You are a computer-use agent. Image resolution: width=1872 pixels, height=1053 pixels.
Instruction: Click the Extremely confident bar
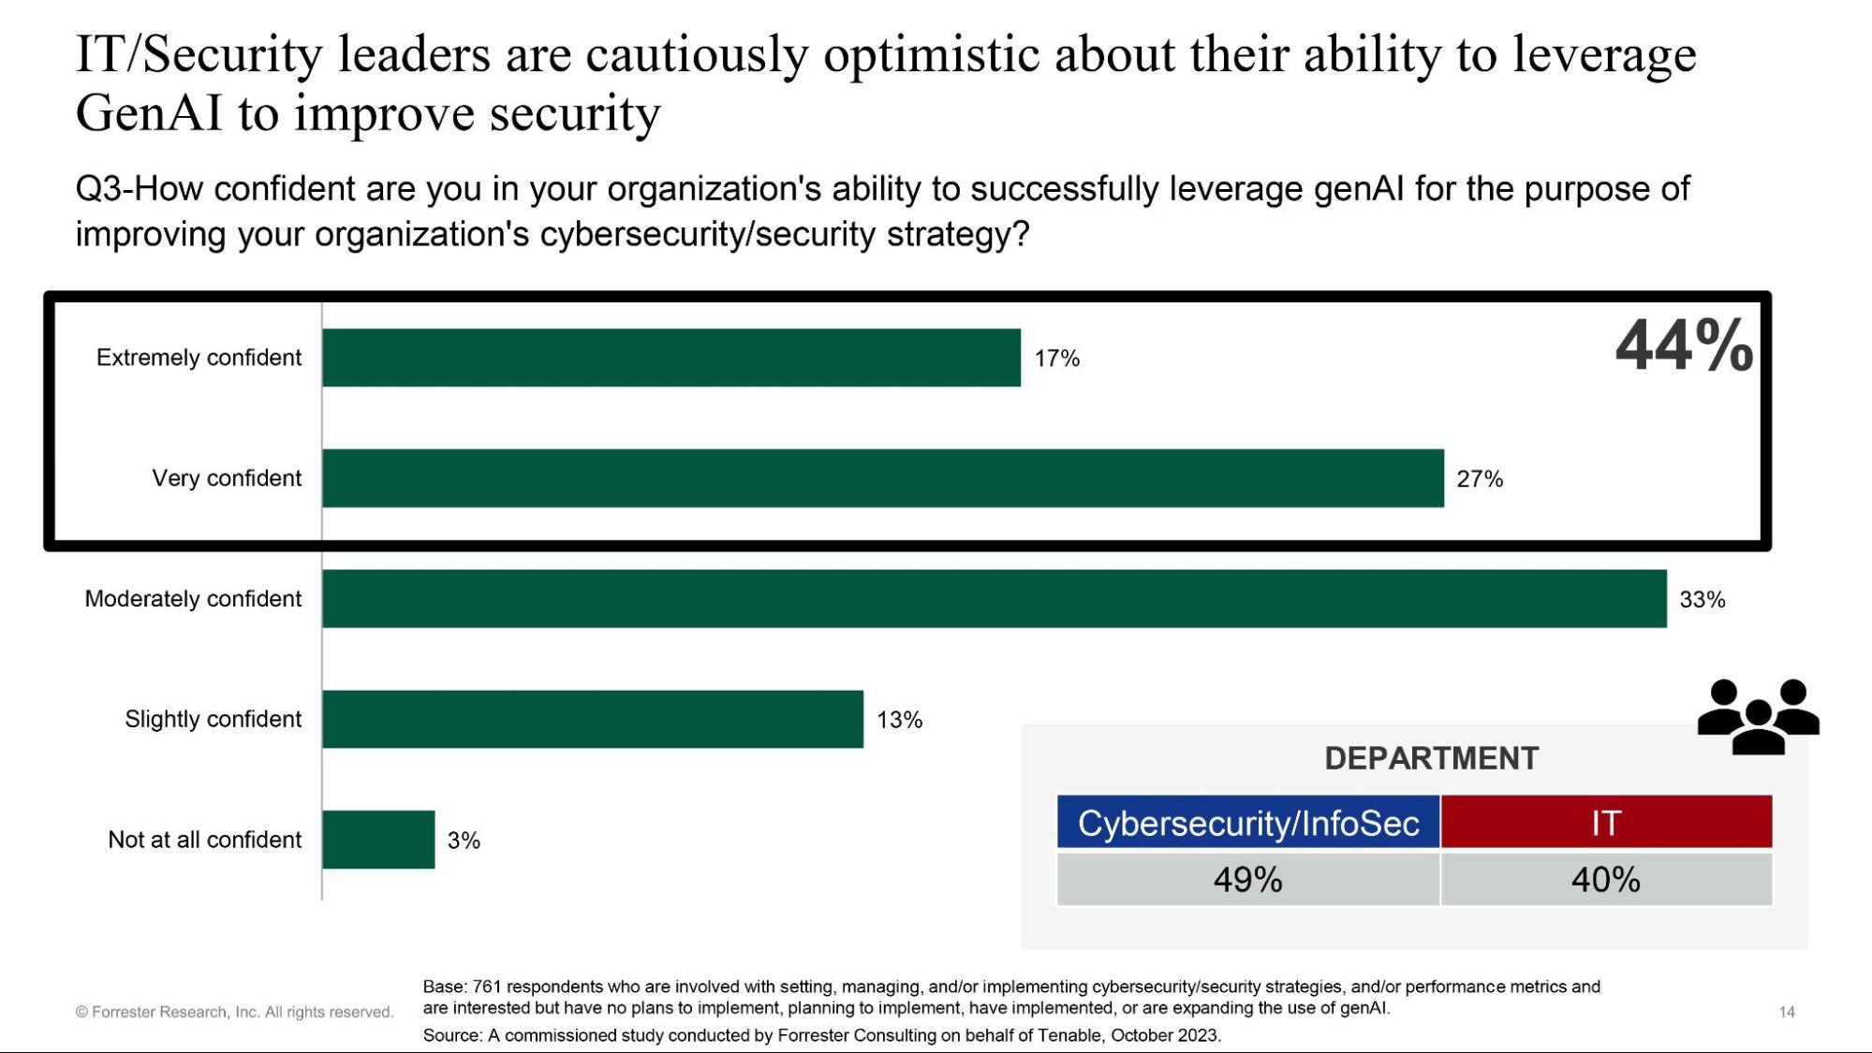(671, 358)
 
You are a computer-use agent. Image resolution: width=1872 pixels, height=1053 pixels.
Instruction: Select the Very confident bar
(882, 478)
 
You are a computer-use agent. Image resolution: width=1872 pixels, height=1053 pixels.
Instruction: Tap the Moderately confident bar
(994, 599)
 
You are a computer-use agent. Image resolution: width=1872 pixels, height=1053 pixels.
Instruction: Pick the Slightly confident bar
(592, 719)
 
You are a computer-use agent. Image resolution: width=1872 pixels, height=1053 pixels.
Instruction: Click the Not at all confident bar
(378, 840)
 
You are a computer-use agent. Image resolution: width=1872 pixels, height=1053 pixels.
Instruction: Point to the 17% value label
(1056, 358)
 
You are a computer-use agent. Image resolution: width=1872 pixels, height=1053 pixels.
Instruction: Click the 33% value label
(1702, 600)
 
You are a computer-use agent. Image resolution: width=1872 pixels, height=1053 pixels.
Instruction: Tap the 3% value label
(464, 841)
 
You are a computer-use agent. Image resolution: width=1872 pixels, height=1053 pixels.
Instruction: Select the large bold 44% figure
(1684, 346)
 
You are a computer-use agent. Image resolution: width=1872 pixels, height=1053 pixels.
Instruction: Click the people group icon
(1758, 717)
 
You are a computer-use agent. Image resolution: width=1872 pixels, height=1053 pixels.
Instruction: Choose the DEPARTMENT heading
(1431, 758)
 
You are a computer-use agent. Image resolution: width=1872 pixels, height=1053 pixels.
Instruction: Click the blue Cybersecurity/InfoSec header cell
(1247, 823)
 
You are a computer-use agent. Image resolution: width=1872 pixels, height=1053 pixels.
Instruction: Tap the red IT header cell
(1605, 823)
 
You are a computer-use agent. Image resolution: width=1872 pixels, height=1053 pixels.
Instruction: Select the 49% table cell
(1247, 880)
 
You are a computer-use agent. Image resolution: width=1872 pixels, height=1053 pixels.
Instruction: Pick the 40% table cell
(1605, 880)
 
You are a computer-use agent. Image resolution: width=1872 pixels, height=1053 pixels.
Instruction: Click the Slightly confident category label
(213, 719)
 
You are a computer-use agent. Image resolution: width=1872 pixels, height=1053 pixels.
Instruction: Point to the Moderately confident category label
(193, 599)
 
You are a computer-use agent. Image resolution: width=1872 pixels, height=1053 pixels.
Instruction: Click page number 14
(1786, 1012)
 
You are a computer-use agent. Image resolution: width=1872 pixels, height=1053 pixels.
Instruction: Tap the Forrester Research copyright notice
(234, 1012)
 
